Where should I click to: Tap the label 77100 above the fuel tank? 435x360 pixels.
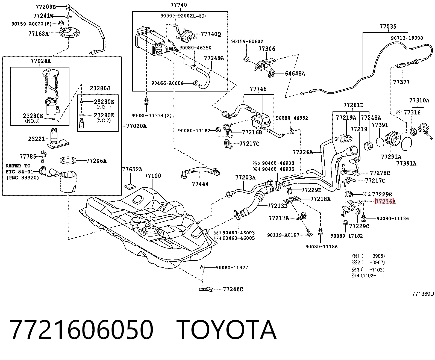click(x=153, y=176)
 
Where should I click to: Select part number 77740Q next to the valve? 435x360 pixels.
click(x=211, y=34)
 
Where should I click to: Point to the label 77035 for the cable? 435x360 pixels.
click(x=388, y=26)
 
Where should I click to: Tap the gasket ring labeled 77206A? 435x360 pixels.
click(x=68, y=160)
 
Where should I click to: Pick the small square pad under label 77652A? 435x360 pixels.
click(x=130, y=186)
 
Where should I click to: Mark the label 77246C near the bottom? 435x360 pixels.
click(x=233, y=289)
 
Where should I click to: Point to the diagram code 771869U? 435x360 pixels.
click(x=423, y=294)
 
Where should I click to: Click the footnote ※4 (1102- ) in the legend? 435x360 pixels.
click(x=368, y=275)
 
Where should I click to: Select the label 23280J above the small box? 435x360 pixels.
click(x=100, y=88)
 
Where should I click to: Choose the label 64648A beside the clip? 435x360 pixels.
click(x=295, y=73)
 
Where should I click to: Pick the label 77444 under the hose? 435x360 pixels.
click(x=200, y=184)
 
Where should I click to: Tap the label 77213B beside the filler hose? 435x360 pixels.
click(x=277, y=206)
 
